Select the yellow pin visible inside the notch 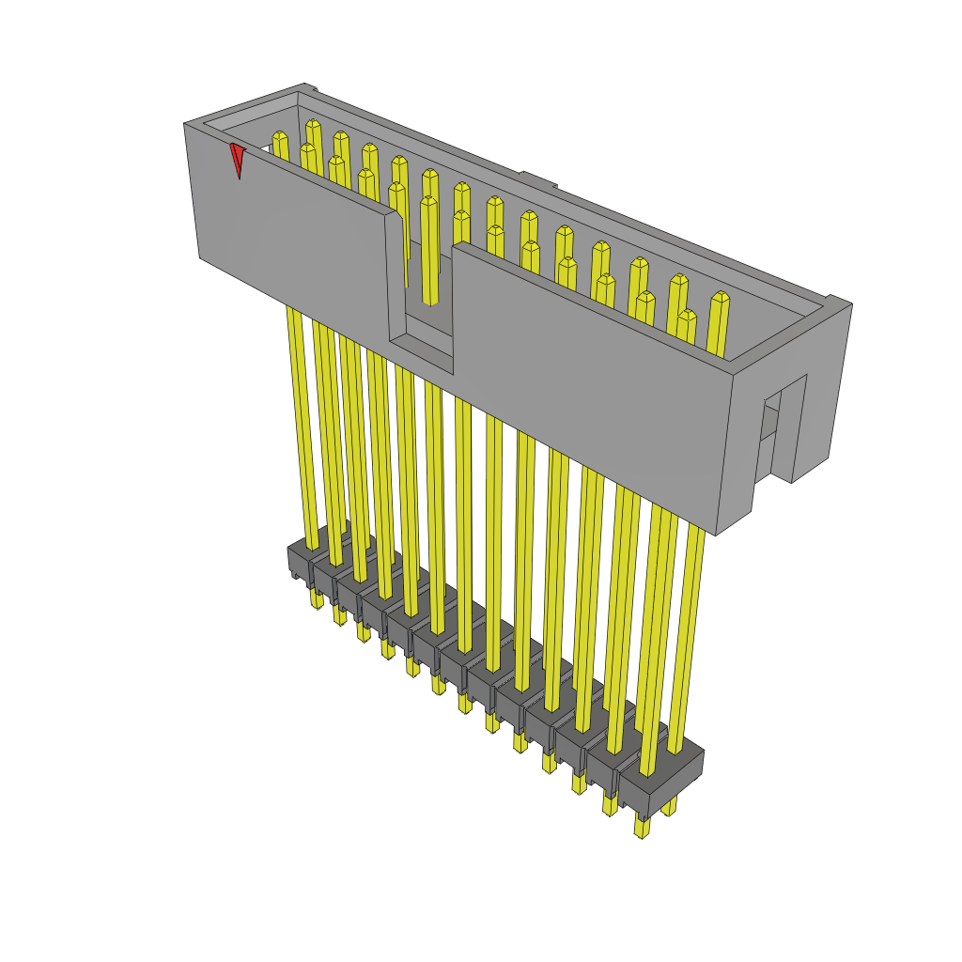(x=429, y=249)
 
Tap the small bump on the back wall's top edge (x=533, y=178)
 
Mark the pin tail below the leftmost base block (x=316, y=597)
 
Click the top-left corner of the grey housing (x=185, y=124)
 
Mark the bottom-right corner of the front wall (x=718, y=535)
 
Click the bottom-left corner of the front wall (x=200, y=256)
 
